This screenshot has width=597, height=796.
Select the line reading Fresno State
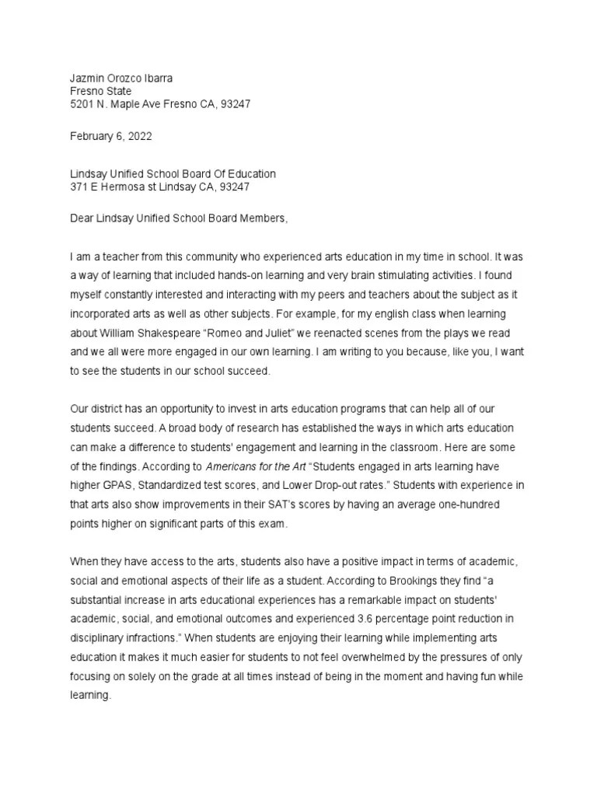pyautogui.click(x=101, y=91)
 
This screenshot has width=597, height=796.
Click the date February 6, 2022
pyautogui.click(x=111, y=136)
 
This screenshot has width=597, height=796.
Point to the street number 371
pyautogui.click(x=79, y=187)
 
